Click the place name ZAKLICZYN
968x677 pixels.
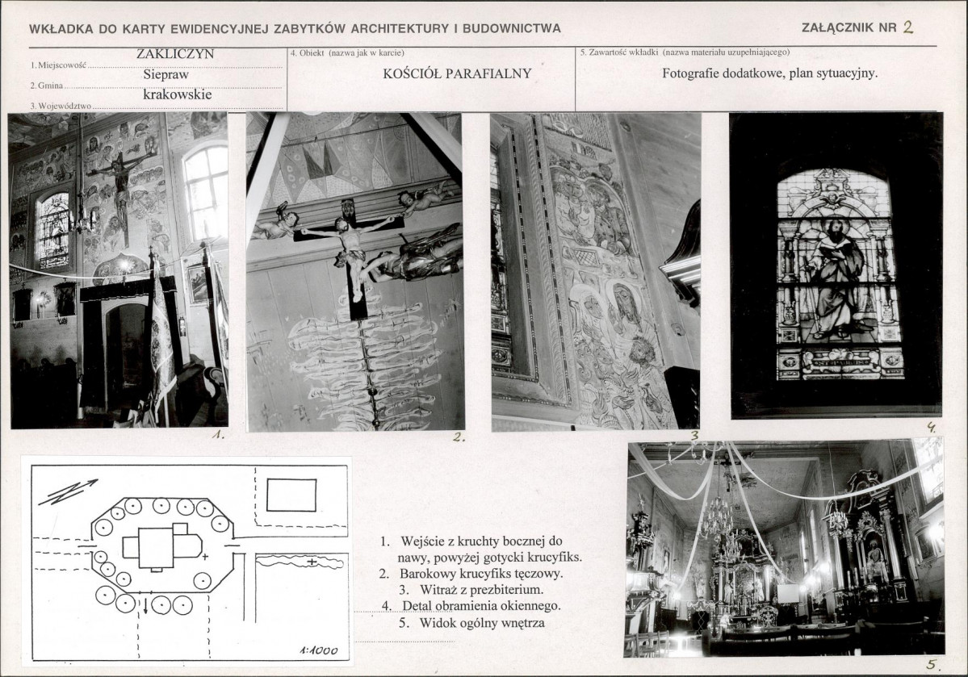pos(174,54)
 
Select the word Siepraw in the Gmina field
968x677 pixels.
pos(166,75)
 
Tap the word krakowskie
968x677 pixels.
pos(177,94)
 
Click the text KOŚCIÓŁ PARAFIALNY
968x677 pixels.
pos(457,73)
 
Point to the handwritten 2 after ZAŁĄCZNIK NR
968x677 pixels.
pos(907,27)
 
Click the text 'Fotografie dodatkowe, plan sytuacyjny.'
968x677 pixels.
pos(770,73)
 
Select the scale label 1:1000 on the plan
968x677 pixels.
pos(318,650)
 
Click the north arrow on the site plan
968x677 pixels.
pos(67,492)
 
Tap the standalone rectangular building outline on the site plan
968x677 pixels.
pos(291,495)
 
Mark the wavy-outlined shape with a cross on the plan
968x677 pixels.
pos(300,562)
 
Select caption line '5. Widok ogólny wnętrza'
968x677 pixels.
pos(471,622)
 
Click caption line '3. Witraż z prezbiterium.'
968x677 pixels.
pos(471,589)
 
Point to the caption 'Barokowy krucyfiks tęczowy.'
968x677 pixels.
pos(480,574)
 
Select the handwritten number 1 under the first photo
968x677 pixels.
pos(217,434)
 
